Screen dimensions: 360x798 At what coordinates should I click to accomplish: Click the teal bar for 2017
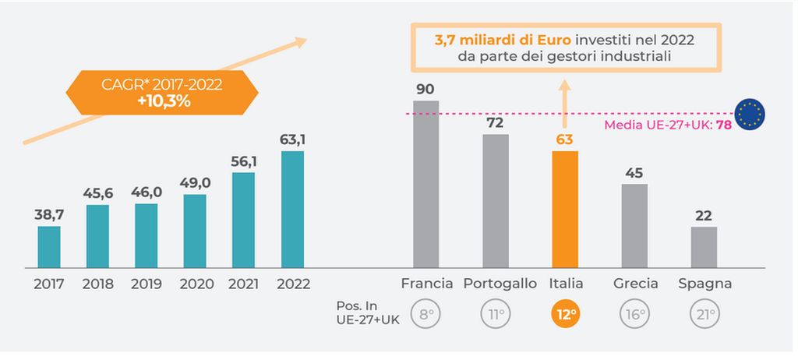point(49,247)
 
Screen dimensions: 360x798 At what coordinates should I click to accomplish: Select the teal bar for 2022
point(292,209)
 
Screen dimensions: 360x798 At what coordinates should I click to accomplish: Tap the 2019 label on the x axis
point(146,284)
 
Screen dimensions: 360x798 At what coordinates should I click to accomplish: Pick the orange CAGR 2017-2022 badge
point(162,93)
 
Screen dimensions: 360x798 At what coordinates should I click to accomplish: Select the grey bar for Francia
point(425,184)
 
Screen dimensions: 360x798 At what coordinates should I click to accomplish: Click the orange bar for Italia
point(565,209)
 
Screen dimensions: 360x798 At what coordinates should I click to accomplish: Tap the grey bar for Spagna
point(704,247)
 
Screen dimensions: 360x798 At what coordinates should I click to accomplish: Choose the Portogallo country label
point(500,284)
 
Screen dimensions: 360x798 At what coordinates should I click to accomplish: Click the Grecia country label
point(635,284)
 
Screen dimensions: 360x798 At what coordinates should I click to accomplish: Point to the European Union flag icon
point(750,114)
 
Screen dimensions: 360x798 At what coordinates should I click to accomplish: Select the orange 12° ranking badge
point(566,314)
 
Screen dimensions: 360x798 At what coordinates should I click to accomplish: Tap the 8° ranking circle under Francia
point(426,314)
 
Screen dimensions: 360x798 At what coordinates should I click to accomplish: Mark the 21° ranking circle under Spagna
point(704,314)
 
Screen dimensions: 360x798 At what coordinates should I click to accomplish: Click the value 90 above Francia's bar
point(425,89)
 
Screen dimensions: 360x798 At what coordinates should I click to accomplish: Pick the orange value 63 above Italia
point(565,139)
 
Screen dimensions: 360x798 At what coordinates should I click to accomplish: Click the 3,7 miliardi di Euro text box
point(566,48)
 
